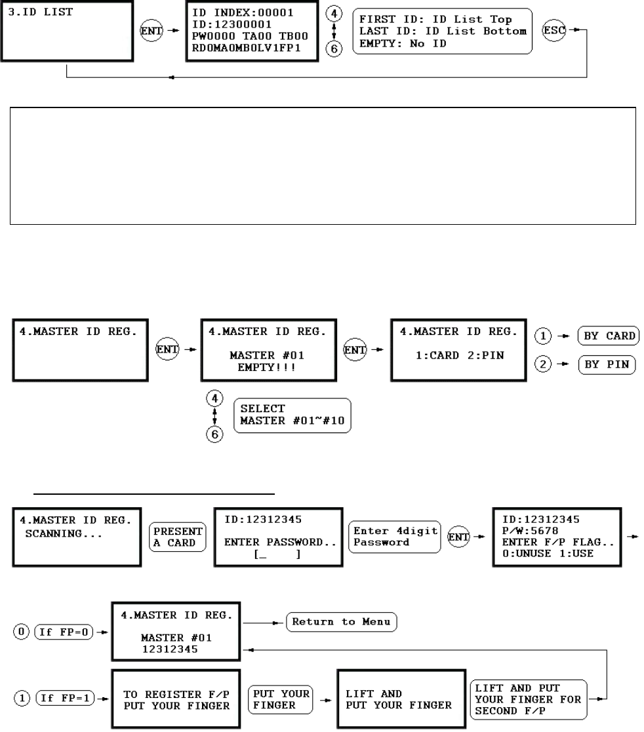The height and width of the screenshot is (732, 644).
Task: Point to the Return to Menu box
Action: click(x=341, y=621)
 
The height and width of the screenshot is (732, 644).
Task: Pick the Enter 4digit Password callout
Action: click(x=395, y=537)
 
